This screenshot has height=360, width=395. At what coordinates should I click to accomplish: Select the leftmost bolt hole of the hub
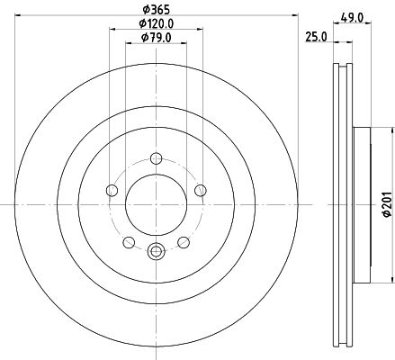(x=112, y=190)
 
